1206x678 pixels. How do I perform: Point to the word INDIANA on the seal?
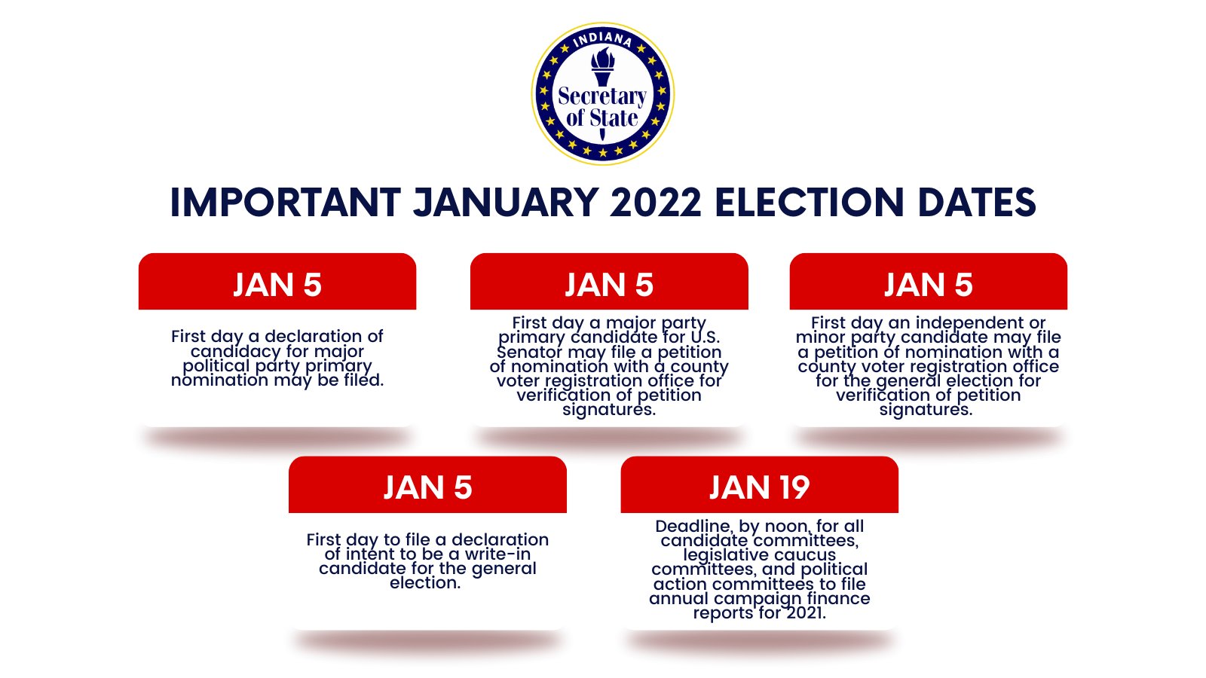[602, 38]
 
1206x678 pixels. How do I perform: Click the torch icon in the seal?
[602, 68]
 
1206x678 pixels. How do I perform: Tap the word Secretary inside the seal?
[602, 96]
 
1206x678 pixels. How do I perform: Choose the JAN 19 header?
[759, 487]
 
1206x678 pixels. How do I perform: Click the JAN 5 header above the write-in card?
[427, 487]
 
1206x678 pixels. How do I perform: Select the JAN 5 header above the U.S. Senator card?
[609, 285]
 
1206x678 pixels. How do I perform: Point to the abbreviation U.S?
[705, 337]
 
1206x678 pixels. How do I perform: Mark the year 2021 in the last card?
[806, 612]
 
